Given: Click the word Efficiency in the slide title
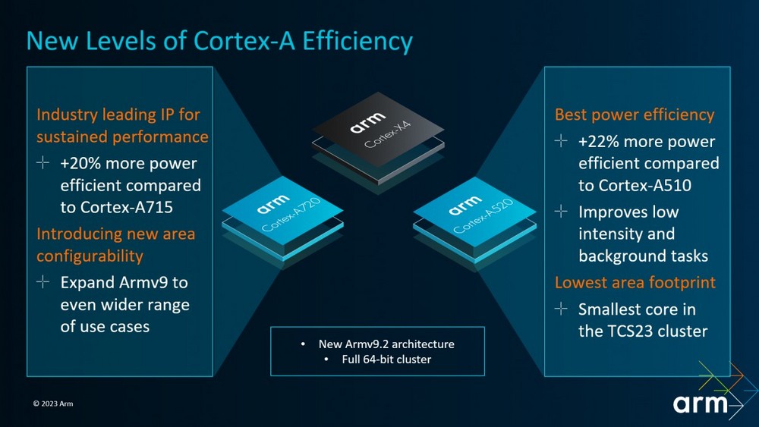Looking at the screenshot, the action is [357, 41].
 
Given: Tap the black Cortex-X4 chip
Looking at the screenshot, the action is [378, 138].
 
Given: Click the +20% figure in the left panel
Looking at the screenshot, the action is [80, 164].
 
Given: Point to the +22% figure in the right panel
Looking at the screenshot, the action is [599, 142].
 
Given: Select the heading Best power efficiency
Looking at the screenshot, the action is [635, 115].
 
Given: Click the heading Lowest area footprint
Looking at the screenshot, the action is [635, 282].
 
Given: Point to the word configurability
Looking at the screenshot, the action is [90, 256].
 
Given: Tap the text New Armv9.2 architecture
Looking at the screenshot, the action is [386, 344].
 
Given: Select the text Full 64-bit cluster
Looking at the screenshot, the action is [386, 359].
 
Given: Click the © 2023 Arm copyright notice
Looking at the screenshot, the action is [53, 403].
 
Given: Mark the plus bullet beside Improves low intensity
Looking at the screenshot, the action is [561, 211].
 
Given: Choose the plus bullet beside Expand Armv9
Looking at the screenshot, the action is [43, 281].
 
